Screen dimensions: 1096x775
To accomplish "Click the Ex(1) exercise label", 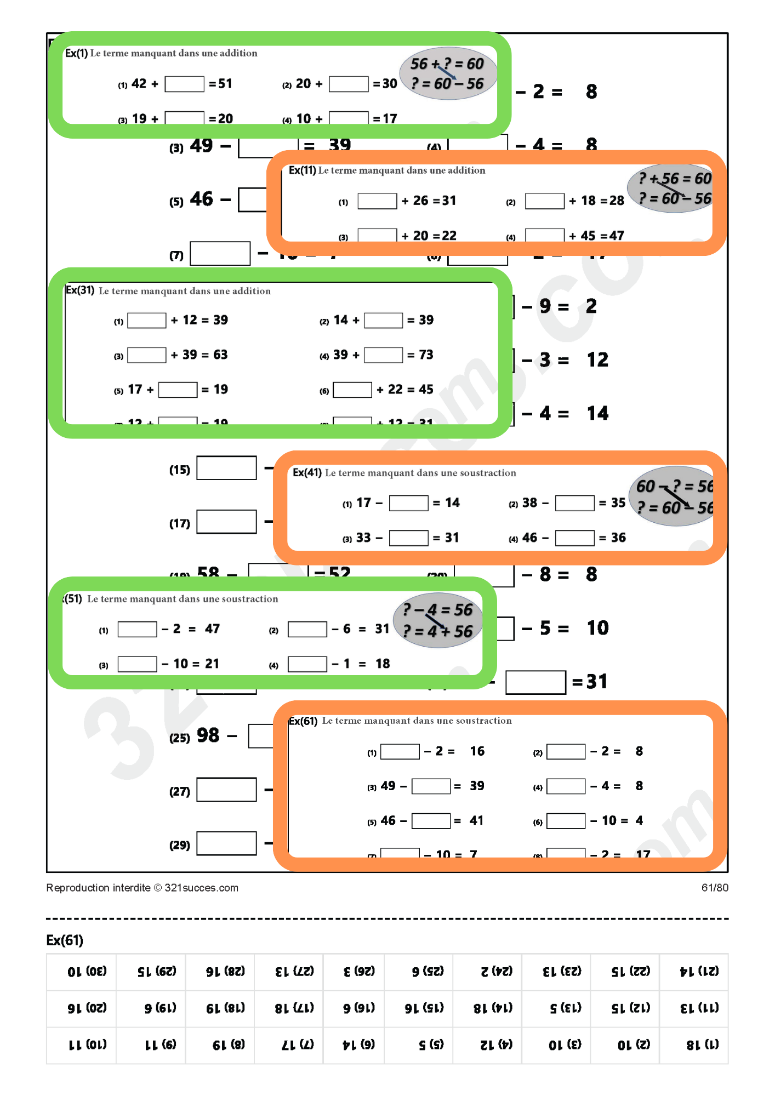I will (76, 53).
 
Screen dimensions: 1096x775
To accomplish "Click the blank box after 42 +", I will (184, 84).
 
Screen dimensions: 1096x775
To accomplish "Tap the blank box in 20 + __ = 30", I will (349, 84).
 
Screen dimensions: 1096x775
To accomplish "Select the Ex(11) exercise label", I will (302, 170).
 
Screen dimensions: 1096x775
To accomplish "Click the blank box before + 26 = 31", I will (377, 201).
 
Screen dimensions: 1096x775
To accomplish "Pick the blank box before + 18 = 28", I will (544, 201).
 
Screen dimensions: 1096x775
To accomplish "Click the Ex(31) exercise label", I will (80, 290).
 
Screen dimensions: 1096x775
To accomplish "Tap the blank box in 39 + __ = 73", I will (383, 355).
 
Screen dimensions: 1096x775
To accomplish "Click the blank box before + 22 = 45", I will (352, 390).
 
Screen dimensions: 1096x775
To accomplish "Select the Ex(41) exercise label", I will (307, 472).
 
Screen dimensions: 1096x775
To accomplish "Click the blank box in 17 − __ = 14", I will (408, 503).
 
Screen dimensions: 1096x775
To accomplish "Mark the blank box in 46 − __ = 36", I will (574, 538).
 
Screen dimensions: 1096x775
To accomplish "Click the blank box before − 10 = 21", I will (138, 664).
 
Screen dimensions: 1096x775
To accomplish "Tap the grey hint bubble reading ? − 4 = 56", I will (437, 620).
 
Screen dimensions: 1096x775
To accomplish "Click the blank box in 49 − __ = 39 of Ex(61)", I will (431, 786).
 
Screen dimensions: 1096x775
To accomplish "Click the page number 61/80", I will (714, 888).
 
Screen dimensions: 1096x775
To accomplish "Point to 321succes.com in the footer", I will (201, 888).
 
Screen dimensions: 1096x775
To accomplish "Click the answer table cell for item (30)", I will (88, 972).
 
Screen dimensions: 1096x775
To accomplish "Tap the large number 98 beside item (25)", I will (208, 735).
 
